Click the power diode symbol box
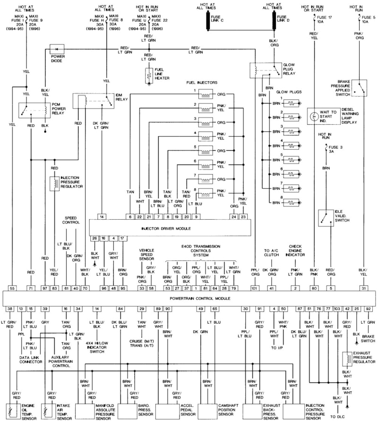pos(57,49)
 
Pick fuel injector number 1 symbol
pos(207,95)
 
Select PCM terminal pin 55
pos(12,287)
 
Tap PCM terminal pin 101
pos(256,287)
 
